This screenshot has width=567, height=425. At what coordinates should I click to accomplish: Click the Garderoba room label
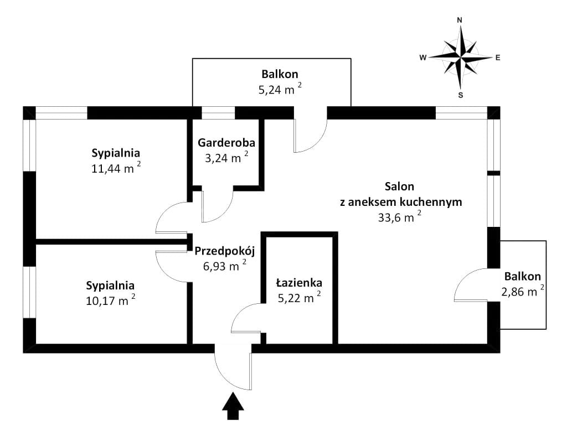[226, 143]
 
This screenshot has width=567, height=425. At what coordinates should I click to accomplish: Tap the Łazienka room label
[299, 282]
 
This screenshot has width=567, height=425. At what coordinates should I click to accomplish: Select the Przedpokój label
[225, 251]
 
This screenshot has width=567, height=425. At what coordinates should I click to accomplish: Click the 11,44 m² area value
[116, 168]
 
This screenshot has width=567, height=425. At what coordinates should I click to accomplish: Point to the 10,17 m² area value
[111, 300]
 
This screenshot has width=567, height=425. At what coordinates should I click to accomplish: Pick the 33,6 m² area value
[400, 217]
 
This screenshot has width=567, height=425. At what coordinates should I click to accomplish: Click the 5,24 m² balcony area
[280, 89]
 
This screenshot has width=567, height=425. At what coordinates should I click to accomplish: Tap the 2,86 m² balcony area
[523, 291]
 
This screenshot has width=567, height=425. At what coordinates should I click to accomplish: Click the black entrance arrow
[233, 406]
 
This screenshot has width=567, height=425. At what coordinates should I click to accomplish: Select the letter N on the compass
[460, 20]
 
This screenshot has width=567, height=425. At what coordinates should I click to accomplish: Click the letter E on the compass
[498, 58]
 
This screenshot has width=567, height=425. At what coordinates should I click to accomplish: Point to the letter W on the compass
[422, 58]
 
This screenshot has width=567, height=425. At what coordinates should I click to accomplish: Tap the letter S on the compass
[461, 95]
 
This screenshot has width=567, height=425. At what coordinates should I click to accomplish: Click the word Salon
[400, 186]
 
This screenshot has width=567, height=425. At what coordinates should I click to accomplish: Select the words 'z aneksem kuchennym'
[401, 201]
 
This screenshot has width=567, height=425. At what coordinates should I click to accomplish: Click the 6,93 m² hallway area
[225, 266]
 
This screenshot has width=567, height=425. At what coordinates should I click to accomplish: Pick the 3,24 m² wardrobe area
[226, 158]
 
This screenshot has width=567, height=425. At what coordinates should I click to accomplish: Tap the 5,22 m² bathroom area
[299, 298]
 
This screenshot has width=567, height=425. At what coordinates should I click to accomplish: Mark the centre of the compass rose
[461, 57]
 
